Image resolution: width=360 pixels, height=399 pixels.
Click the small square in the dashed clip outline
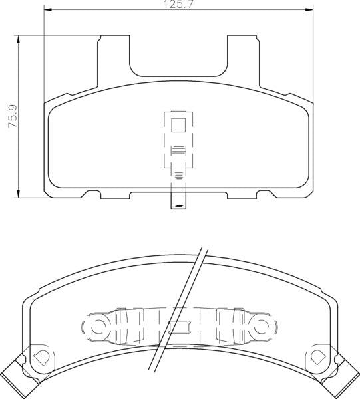[x=178, y=124]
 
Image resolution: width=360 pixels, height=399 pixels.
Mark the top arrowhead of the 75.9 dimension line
[x=18, y=39]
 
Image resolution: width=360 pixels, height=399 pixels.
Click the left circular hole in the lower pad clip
[x=95, y=327]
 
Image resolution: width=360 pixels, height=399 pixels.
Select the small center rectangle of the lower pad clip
[x=178, y=327]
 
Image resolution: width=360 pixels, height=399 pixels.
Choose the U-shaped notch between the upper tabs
[x=178, y=57]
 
